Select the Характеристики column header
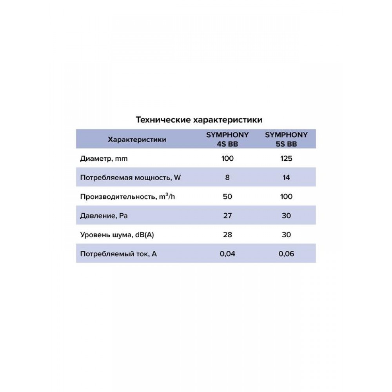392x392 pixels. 136,139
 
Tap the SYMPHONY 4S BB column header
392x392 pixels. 227,139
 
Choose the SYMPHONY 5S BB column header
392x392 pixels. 286,139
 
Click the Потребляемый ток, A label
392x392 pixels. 118,254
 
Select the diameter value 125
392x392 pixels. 286,159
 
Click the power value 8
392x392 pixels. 227,178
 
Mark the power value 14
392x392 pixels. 286,178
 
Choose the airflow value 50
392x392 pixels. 227,196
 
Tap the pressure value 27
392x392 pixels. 227,216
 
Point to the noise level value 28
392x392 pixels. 227,235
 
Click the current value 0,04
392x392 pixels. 227,254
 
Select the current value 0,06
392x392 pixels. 286,254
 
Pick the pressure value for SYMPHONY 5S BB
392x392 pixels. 286,216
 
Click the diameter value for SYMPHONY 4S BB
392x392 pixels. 227,159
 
